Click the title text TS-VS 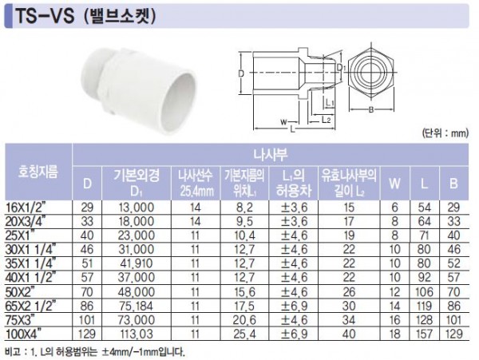[x=46, y=16]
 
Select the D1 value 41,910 [x=137, y=263]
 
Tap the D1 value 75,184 [x=137, y=306]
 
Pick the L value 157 [x=424, y=334]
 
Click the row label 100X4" [x=24, y=334]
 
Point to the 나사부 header [x=271, y=155]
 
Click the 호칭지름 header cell [x=38, y=172]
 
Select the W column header [x=394, y=184]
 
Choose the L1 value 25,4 [x=244, y=334]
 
